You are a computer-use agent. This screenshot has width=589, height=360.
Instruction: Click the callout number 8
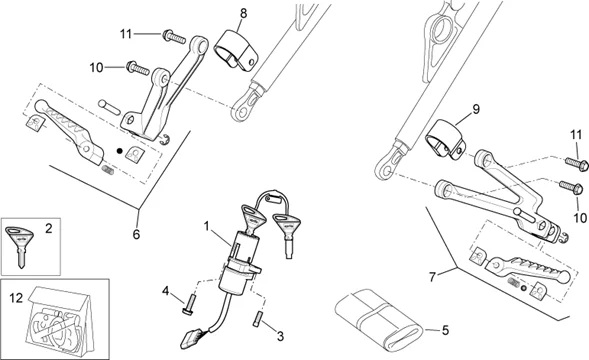pyautogui.click(x=243, y=14)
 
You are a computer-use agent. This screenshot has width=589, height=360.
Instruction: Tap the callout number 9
pyautogui.click(x=476, y=109)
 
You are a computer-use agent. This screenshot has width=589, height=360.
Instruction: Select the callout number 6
pyautogui.click(x=136, y=234)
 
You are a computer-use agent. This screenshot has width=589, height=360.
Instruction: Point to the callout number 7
pyautogui.click(x=432, y=277)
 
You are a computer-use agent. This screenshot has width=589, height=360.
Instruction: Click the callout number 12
pyautogui.click(x=16, y=298)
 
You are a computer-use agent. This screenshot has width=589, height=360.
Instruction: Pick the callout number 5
pyautogui.click(x=446, y=331)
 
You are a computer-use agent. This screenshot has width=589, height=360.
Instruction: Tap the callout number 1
pyautogui.click(x=206, y=226)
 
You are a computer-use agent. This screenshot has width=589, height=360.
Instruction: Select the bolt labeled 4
pyautogui.click(x=189, y=304)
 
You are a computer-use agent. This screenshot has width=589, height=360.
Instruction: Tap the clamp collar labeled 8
pyautogui.click(x=237, y=51)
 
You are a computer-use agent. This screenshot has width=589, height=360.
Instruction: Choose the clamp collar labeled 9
pyautogui.click(x=446, y=139)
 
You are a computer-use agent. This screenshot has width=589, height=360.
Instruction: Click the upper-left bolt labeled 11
pyautogui.click(x=174, y=36)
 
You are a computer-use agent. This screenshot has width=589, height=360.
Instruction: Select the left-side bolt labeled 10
pyautogui.click(x=137, y=68)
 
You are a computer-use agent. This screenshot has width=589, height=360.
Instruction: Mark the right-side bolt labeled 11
pyautogui.click(x=576, y=164)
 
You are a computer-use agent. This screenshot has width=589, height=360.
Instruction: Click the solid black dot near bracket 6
pyautogui.click(x=119, y=151)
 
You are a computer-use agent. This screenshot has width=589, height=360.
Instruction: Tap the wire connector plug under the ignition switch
pyautogui.click(x=192, y=337)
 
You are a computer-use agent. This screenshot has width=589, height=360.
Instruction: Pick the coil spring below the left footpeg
pyautogui.click(x=108, y=169)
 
